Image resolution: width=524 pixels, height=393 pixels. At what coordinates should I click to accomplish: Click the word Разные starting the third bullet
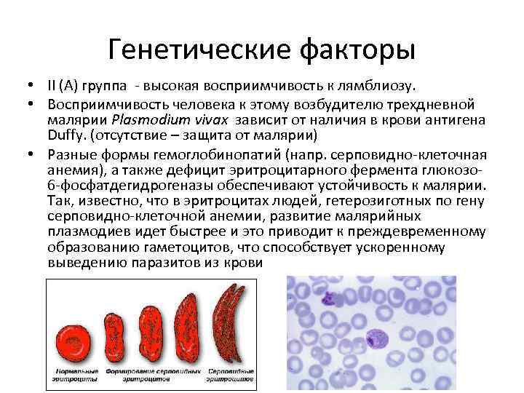pyautogui.click(x=68, y=153)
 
